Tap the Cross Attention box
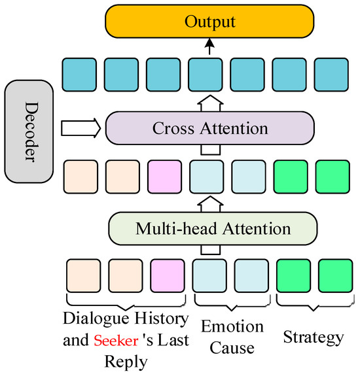point(209,128)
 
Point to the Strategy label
point(313,337)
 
